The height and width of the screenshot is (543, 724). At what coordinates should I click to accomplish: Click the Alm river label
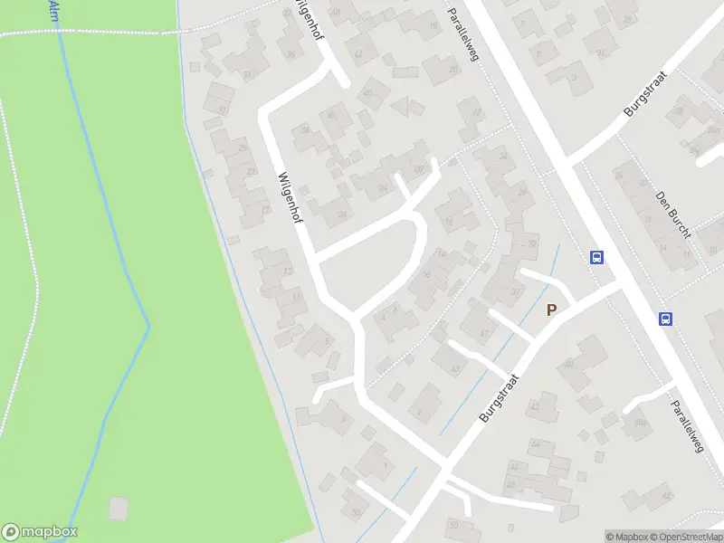click(53, 10)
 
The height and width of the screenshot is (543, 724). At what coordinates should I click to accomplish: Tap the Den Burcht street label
click(674, 215)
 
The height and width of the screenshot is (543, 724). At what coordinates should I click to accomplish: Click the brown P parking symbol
click(551, 310)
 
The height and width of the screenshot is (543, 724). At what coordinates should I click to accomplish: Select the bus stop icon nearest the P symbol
click(596, 257)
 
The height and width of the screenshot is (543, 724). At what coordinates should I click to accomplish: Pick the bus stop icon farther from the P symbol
click(665, 318)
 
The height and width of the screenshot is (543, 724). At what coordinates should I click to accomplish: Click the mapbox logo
click(40, 531)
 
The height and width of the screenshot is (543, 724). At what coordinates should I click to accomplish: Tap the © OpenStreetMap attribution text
click(685, 537)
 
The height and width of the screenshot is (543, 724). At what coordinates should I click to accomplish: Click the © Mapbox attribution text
click(627, 537)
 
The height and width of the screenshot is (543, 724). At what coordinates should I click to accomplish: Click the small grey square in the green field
click(119, 509)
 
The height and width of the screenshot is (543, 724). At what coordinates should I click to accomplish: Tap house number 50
click(355, 512)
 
